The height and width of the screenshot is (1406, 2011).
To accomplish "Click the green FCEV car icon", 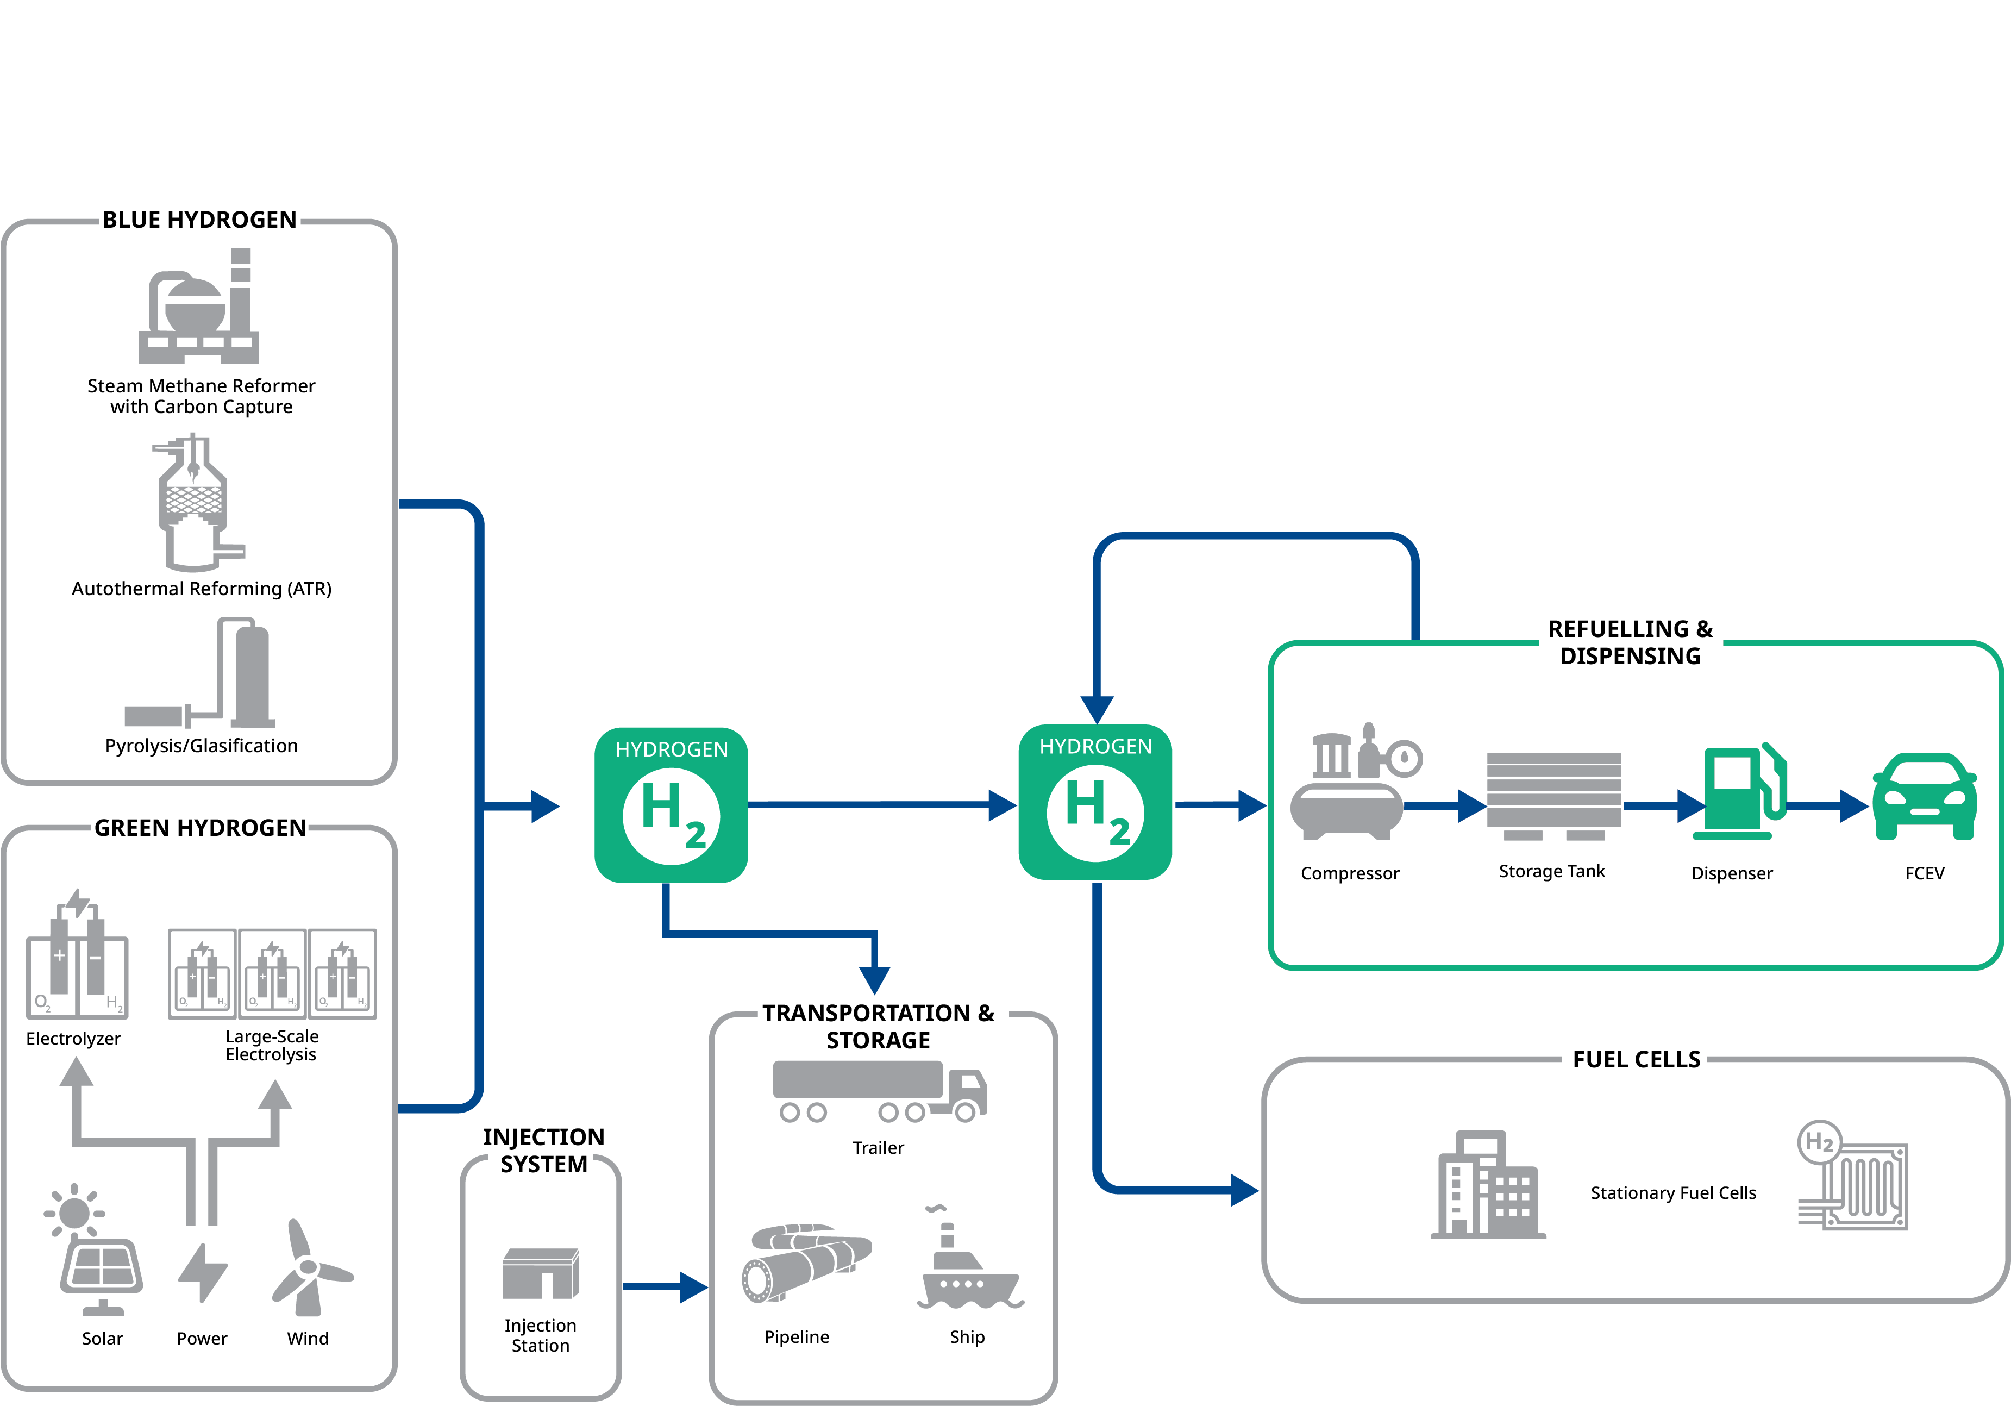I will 1924,797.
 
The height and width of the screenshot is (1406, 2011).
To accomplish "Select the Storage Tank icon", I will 1554,793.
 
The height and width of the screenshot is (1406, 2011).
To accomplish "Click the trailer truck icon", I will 879,1091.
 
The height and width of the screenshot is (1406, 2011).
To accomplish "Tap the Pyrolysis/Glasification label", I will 202,746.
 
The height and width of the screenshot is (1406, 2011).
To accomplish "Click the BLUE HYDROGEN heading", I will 200,220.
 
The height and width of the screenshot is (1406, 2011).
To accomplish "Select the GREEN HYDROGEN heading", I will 201,828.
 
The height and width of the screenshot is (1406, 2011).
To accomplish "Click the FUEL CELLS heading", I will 1635,1059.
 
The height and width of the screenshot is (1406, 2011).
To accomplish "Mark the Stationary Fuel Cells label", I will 1673,1193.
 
